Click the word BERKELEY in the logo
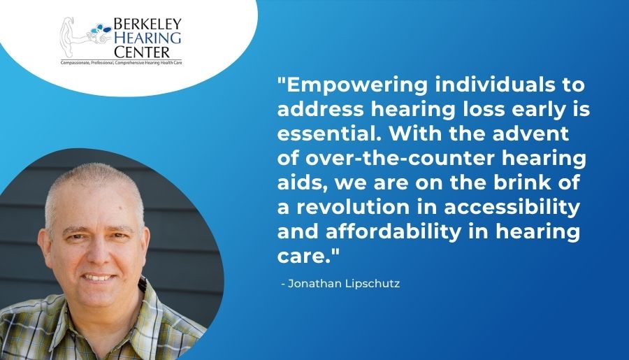tap(147, 23)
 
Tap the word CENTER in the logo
tap(142, 52)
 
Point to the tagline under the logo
tap(121, 63)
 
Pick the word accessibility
tap(512, 208)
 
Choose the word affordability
tap(393, 232)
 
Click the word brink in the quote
tap(522, 182)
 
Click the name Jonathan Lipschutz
tap(344, 284)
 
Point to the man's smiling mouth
tap(99, 277)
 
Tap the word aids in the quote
tap(301, 182)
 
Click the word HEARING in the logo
tap(147, 38)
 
